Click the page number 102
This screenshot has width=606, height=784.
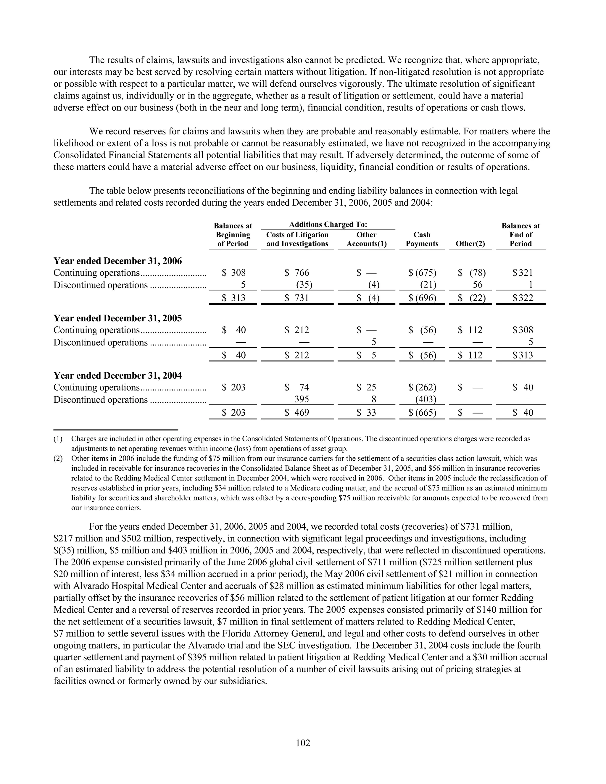[303, 743]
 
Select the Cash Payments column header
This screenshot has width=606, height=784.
[422, 239]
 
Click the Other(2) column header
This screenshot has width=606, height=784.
[470, 244]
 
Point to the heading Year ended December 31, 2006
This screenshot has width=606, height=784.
[117, 261]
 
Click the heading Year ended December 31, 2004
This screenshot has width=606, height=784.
[117, 375]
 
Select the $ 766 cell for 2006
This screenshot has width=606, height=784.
[297, 273]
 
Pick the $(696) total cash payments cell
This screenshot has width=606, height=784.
[423, 298]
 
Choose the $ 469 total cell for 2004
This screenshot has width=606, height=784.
[297, 412]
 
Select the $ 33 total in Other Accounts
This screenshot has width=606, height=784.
[367, 412]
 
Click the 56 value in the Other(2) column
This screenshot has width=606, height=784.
[478, 285]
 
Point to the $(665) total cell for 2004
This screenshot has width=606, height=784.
[423, 412]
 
